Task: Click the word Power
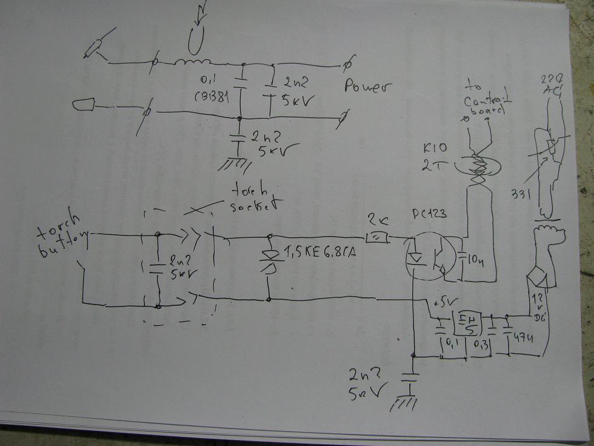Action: pos(367,86)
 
